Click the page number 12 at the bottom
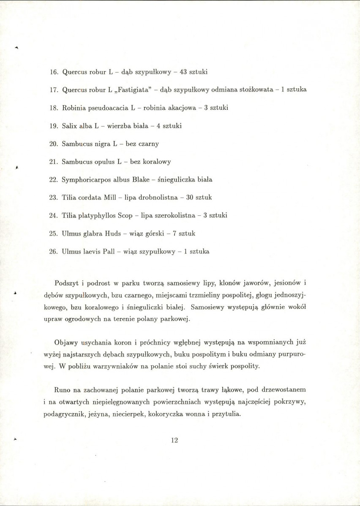pyautogui.click(x=175, y=440)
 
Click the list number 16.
pyautogui.click(x=54, y=72)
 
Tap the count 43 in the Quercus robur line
pyautogui.click(x=183, y=72)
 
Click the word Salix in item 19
pyautogui.click(x=69, y=126)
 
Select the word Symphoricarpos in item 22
pyautogui.click(x=82, y=180)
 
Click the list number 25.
pyautogui.click(x=54, y=234)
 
